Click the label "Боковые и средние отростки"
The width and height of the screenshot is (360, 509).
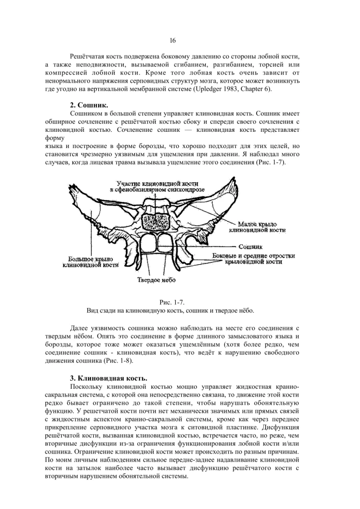[x=253, y=255]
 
